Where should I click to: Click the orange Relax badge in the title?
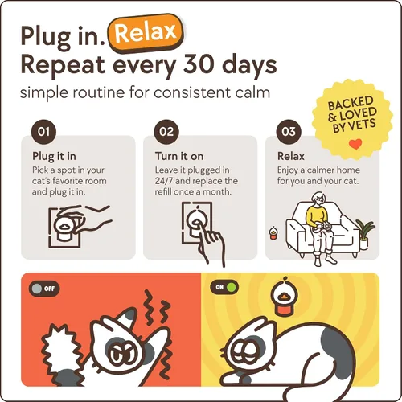click(x=146, y=33)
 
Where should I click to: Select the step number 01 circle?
click(x=43, y=132)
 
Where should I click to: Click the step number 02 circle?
click(x=166, y=132)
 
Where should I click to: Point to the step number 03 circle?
click(x=289, y=132)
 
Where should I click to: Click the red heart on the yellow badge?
click(x=355, y=145)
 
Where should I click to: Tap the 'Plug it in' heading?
click(x=54, y=157)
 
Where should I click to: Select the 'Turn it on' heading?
click(x=179, y=156)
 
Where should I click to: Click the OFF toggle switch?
click(x=44, y=289)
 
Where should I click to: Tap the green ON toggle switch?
click(x=224, y=287)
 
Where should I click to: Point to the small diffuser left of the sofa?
click(x=273, y=233)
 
